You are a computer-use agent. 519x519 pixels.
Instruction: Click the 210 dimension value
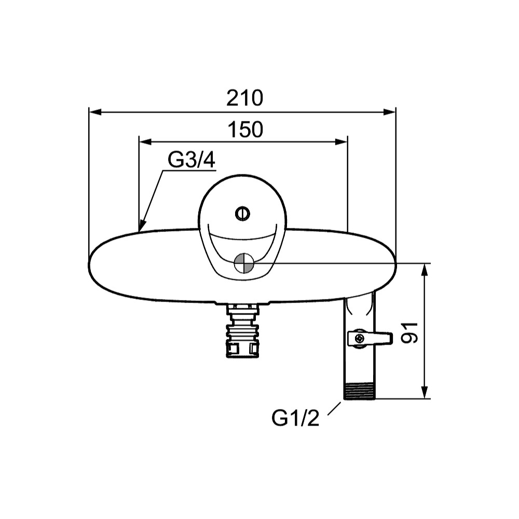244,98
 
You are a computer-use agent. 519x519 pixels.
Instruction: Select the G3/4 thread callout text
192,160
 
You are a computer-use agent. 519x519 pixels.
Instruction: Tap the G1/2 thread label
295,418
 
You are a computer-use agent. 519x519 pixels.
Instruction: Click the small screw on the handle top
242,213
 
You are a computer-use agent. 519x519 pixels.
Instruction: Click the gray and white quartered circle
244,263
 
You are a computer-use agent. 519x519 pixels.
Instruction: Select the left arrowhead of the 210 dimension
95,112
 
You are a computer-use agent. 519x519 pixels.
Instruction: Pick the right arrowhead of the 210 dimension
390,112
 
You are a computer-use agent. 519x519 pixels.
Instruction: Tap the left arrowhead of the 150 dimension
145,142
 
